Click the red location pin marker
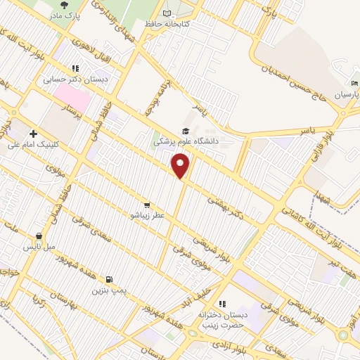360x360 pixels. click(181, 166)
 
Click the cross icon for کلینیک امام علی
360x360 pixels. click(33, 133)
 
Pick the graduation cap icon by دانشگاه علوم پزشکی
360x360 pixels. click(186, 131)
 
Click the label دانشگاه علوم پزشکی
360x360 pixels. click(185, 141)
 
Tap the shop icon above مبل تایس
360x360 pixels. click(39, 236)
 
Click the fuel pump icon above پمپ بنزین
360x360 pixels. click(108, 278)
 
